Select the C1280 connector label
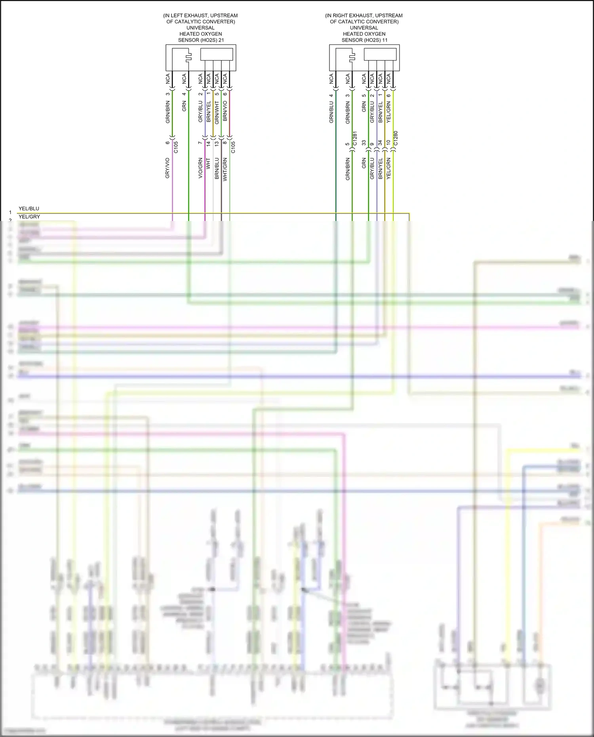396,138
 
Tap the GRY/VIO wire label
168,168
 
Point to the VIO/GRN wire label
200,168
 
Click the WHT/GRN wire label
225,169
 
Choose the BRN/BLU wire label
217,169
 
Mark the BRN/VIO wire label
225,111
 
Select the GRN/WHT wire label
217,112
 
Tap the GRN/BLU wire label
331,112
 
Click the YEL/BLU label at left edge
29,209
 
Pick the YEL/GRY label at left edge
29,217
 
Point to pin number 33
364,143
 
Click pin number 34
380,143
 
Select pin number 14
208,143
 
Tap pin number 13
217,143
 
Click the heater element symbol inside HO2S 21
188,57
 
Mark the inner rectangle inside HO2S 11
380,54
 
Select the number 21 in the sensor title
221,40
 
